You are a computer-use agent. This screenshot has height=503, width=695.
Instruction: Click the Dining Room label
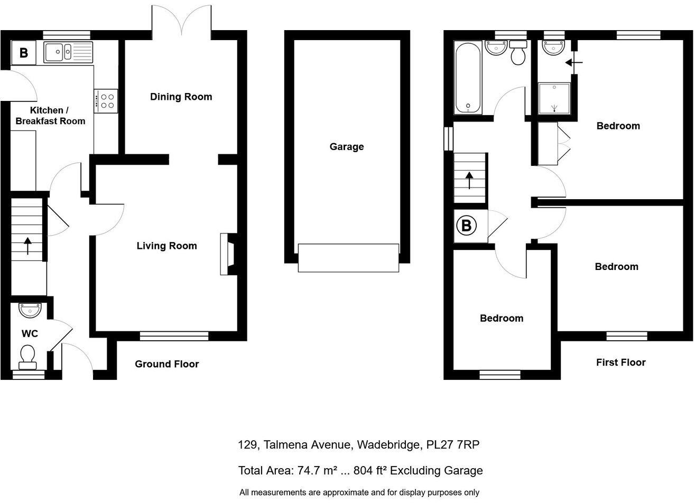pyautogui.click(x=181, y=97)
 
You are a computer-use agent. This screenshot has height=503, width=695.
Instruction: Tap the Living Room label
pyautogui.click(x=167, y=246)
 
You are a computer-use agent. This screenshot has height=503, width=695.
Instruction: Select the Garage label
pyautogui.click(x=347, y=147)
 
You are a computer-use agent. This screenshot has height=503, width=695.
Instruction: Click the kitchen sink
pyautogui.click(x=68, y=52)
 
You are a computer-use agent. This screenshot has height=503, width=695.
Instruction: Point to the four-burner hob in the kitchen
pyautogui.click(x=106, y=101)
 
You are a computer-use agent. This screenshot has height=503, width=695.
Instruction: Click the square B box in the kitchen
pyautogui.click(x=24, y=53)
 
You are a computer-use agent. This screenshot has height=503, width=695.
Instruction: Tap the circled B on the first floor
pyautogui.click(x=466, y=226)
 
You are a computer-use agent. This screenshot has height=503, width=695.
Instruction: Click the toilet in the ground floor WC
pyautogui.click(x=27, y=357)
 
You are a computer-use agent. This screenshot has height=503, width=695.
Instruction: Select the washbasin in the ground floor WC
pyautogui.click(x=30, y=311)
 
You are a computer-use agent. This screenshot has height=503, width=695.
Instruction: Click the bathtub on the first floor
pyautogui.click(x=468, y=78)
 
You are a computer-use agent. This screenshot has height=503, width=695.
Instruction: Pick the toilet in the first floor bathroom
pyautogui.click(x=518, y=53)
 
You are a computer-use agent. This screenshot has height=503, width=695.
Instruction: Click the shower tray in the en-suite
pyautogui.click(x=554, y=98)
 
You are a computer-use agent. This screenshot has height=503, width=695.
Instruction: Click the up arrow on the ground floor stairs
pyautogui.click(x=27, y=246)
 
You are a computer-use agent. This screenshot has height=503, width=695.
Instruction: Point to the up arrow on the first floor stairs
pyautogui.click(x=469, y=181)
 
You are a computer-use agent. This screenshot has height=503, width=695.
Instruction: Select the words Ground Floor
pyautogui.click(x=167, y=364)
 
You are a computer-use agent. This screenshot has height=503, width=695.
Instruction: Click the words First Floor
pyautogui.click(x=621, y=362)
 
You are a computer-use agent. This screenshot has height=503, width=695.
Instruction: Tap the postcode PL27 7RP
pyautogui.click(x=453, y=445)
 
